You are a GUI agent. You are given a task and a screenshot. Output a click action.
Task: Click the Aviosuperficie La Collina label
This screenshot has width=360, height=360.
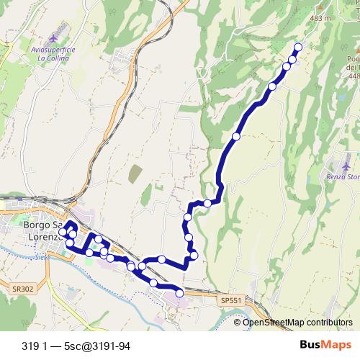click(53, 53)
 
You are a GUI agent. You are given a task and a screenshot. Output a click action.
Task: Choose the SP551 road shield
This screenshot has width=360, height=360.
click(231, 300)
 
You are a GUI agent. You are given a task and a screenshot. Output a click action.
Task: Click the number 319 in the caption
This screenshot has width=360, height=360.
click(30, 346)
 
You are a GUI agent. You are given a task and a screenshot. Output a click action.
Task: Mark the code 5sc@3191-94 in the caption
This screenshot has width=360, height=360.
click(98, 346)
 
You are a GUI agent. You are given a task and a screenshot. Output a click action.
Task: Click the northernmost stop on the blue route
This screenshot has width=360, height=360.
click(298, 47)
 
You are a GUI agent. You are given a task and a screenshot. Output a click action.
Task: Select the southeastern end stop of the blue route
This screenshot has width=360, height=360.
click(179, 293)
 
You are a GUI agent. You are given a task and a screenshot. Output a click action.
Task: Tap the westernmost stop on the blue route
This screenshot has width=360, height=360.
click(63, 232)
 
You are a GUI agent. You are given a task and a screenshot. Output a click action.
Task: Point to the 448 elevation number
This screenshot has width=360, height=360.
click(354, 76)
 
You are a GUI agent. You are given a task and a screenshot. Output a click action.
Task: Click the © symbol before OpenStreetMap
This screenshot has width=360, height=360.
click(238, 323)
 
